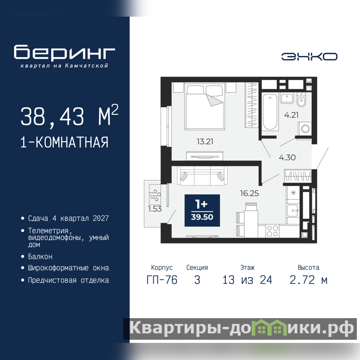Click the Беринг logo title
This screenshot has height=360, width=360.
(64, 53)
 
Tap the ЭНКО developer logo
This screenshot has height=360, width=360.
(309, 57)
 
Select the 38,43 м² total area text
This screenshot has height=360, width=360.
(69, 116)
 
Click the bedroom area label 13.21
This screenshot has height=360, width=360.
(205, 141)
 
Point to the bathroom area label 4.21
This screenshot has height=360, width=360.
(291, 115)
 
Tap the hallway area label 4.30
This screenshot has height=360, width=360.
(287, 157)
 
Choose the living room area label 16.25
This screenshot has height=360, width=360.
(249, 193)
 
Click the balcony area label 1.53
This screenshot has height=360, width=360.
(155, 209)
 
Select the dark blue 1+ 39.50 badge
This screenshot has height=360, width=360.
(202, 210)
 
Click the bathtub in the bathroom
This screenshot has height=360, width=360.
(270, 112)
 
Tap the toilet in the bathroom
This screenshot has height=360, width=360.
(301, 99)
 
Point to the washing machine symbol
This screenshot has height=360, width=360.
(305, 129)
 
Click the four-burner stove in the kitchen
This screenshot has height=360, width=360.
(272, 231)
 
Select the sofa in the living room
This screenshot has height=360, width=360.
(202, 175)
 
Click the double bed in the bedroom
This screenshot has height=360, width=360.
(205, 107)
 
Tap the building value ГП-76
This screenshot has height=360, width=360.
(162, 280)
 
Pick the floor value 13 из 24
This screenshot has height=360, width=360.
(247, 280)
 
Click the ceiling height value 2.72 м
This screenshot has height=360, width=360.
(308, 280)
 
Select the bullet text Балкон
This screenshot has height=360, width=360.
(40, 256)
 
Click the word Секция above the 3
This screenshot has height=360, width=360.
(197, 267)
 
